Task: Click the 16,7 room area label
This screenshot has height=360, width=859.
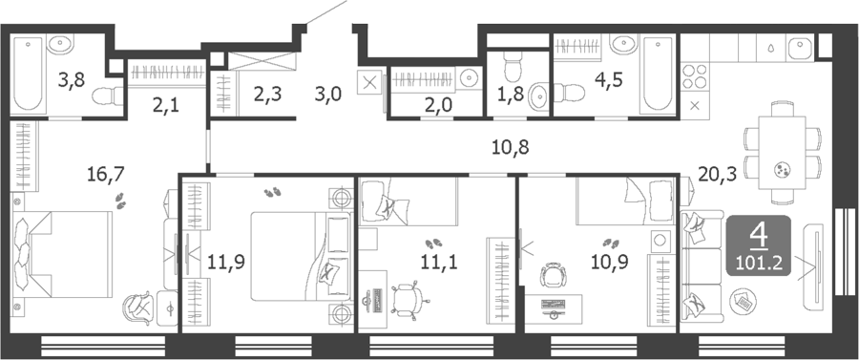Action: pos(106,175)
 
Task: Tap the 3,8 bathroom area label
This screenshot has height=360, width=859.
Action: pos(73,81)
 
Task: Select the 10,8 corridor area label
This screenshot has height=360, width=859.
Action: pos(510,147)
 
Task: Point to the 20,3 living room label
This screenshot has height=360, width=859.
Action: pos(717,175)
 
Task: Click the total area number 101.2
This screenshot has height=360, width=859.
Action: pos(759,265)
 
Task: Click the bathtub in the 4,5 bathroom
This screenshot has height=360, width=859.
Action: pos(658,74)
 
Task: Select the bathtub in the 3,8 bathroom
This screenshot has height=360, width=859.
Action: pos(28,74)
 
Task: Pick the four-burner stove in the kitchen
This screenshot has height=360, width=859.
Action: pos(695,76)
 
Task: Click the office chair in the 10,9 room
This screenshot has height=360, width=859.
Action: pos(550,274)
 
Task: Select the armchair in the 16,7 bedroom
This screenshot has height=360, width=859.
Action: pos(138,309)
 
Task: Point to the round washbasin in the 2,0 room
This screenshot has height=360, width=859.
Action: pos(469,78)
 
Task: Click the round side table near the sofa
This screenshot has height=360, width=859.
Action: pos(743,301)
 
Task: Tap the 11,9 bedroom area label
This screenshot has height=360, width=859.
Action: pos(226,262)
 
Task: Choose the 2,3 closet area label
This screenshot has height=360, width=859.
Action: pos(267,95)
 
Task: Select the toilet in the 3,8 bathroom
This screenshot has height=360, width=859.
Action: pos(107,96)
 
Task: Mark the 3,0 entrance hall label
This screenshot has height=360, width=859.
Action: pos(327,95)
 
